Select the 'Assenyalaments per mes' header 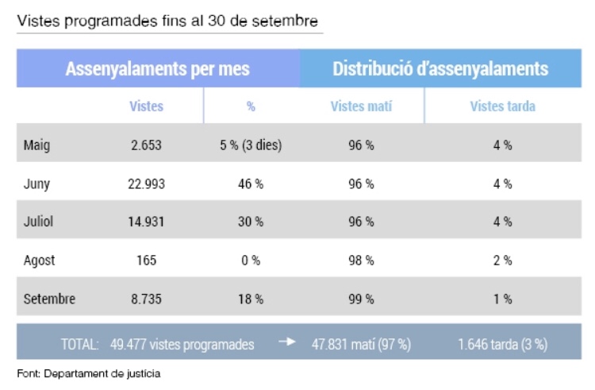[158, 69]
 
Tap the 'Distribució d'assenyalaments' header [440, 69]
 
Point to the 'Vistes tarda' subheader [502, 106]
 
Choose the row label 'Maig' [37, 145]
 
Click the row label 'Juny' [37, 183]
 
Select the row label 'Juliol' [39, 222]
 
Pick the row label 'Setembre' [50, 299]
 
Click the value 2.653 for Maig [146, 145]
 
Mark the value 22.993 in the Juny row [146, 183]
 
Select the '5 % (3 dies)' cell [251, 145]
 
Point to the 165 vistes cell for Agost [146, 261]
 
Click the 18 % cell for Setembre [251, 299]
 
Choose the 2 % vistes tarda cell [502, 261]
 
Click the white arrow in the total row [286, 343]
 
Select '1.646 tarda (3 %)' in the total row [502, 345]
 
